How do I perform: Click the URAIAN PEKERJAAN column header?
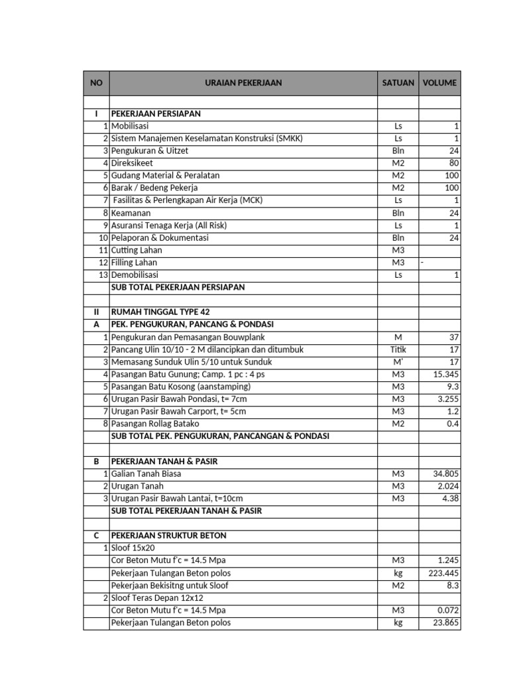pyautogui.click(x=243, y=83)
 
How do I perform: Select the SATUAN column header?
pyautogui.click(x=398, y=83)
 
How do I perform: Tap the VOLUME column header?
pyautogui.click(x=439, y=83)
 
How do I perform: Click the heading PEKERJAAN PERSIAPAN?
pyautogui.click(x=156, y=114)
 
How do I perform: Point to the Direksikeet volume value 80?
pyautogui.click(x=453, y=163)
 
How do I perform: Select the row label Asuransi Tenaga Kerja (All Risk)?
pyautogui.click(x=169, y=225)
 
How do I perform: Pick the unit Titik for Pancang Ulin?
pyautogui.click(x=398, y=349)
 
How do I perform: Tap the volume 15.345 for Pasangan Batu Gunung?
pyautogui.click(x=445, y=375)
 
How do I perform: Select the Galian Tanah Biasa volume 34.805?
pyautogui.click(x=445, y=474)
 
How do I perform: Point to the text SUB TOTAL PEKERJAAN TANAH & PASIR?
pyautogui.click(x=186, y=511)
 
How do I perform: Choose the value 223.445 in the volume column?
pyautogui.click(x=443, y=573)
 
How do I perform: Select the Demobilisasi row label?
pyautogui.click(x=135, y=275)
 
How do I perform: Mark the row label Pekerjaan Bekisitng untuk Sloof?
pyautogui.click(x=171, y=586)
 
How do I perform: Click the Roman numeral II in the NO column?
pyautogui.click(x=96, y=312)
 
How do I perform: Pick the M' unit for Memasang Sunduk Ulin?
pyautogui.click(x=398, y=362)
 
